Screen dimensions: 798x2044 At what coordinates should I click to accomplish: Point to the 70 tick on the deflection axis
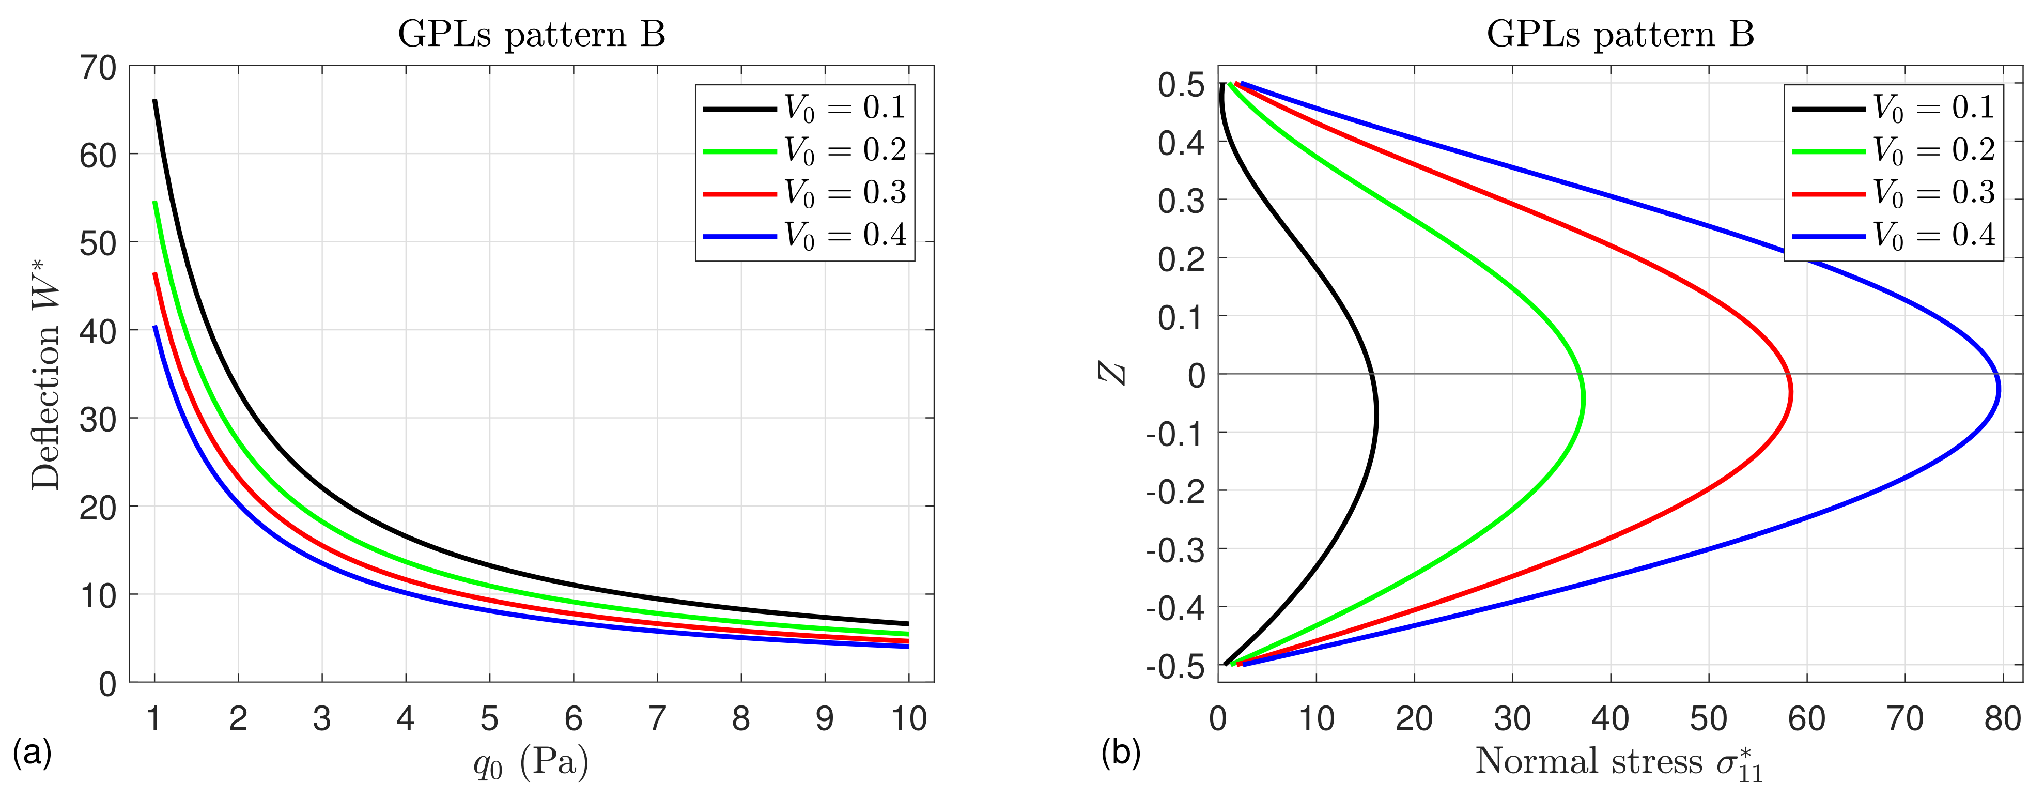[x=98, y=68]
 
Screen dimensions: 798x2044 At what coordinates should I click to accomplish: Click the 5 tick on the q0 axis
[x=490, y=718]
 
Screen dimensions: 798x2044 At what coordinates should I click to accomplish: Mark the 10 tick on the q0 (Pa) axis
[x=908, y=718]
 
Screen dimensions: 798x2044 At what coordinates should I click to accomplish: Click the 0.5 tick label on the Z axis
[x=1181, y=85]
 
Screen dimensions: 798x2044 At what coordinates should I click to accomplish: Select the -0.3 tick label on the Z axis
[x=1175, y=549]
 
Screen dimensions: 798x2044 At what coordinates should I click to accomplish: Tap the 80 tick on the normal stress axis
[x=2002, y=718]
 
